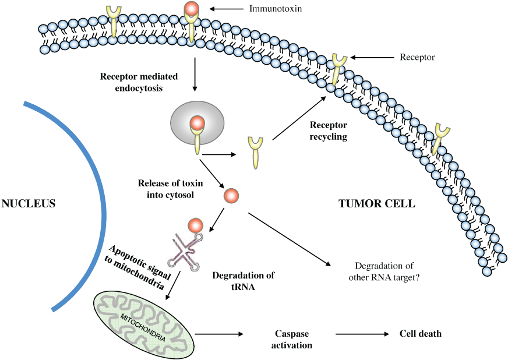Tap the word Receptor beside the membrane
pyautogui.click(x=417, y=57)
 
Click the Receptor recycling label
pyautogui.click(x=328, y=131)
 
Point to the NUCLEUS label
pyautogui.click(x=29, y=204)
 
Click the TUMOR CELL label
pyautogui.click(x=377, y=204)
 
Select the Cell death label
pyautogui.click(x=420, y=334)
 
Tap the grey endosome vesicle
pyautogui.click(x=197, y=124)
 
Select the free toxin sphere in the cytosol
pyautogui.click(x=231, y=196)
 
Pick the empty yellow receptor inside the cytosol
pyautogui.click(x=255, y=150)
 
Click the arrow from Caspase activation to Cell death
pyautogui.click(x=362, y=334)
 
